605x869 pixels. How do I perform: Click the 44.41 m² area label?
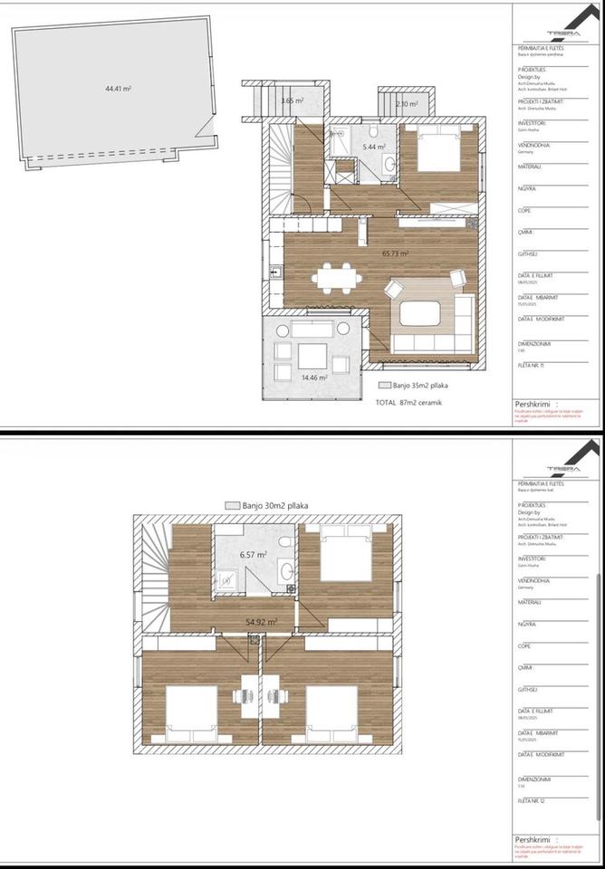[119, 89]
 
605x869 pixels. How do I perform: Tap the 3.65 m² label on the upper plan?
[293, 101]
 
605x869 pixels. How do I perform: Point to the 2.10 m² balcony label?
[407, 104]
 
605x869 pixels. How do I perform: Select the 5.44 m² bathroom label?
[374, 147]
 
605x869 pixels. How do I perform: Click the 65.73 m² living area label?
[396, 254]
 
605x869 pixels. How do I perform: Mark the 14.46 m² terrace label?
[315, 377]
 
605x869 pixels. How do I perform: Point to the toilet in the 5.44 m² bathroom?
[389, 163]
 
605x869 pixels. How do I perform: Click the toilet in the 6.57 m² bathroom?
[285, 542]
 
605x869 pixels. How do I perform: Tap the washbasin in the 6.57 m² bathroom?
[286, 570]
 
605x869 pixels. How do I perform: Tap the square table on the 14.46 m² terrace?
[313, 354]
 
